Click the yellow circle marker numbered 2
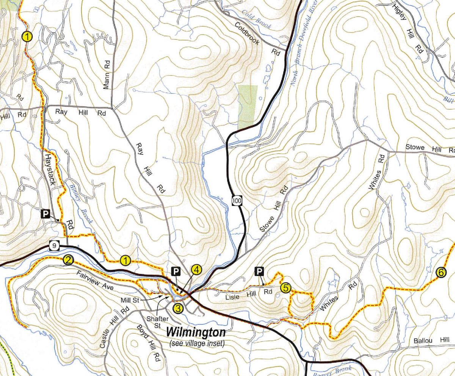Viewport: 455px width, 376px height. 68,260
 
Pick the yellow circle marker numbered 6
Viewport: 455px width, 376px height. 440,272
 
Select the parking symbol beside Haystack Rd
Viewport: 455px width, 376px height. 45,214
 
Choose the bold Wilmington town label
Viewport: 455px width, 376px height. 196,333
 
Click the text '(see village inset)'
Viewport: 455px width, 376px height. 197,344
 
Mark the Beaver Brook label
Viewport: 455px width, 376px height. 332,371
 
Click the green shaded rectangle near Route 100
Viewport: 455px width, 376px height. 248,107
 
